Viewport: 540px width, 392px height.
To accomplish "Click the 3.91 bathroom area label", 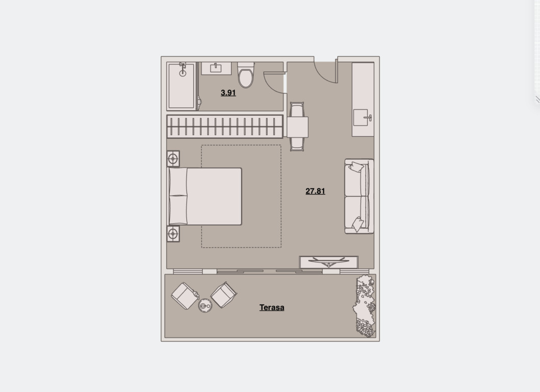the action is (228, 93).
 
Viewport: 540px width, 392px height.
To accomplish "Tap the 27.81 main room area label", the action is (315, 191).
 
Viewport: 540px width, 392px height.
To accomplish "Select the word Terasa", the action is (272, 308).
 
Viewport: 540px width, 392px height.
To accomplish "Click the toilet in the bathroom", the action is (246, 75).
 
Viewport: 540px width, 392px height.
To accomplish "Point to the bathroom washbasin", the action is (216, 68).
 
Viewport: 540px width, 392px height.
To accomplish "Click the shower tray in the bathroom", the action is (182, 86).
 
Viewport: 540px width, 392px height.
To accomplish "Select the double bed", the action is (204, 197).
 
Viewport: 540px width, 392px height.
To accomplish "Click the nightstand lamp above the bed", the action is (173, 159).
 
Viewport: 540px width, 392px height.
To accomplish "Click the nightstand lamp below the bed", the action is (173, 234).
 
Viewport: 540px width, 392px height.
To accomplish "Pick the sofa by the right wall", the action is (359, 196).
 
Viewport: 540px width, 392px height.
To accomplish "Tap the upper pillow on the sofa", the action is (356, 167).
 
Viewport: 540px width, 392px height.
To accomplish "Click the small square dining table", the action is (298, 127).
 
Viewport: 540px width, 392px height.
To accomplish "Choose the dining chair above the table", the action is (297, 109).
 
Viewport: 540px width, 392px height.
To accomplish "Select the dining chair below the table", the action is (297, 144).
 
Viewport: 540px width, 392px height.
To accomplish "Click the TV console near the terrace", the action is (329, 262).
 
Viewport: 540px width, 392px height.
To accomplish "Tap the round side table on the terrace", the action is (205, 306).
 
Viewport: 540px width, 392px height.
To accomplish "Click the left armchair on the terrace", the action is (185, 296).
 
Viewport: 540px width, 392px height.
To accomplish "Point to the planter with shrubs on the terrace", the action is (365, 306).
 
